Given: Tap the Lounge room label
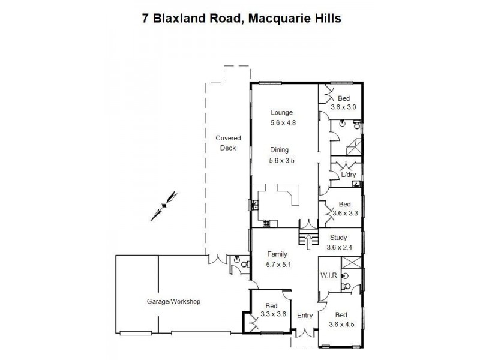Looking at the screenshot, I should pos(281,112).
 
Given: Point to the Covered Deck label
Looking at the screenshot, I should pos(228,143).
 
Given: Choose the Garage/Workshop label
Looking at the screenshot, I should pos(173,301).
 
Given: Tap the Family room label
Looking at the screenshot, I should pos(277,254).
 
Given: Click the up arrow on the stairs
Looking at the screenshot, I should pos(308,240).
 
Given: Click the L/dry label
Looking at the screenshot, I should pos(349,175).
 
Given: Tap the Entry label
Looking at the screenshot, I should pos(305,315).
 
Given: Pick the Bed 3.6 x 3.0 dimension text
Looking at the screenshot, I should pos(343,107).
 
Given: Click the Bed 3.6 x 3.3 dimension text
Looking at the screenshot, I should pos(344,213).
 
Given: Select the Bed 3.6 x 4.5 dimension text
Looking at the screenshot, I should pos(343,325).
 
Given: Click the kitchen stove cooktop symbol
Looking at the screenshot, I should pos(266,223).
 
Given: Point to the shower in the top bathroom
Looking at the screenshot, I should pos(352,148).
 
